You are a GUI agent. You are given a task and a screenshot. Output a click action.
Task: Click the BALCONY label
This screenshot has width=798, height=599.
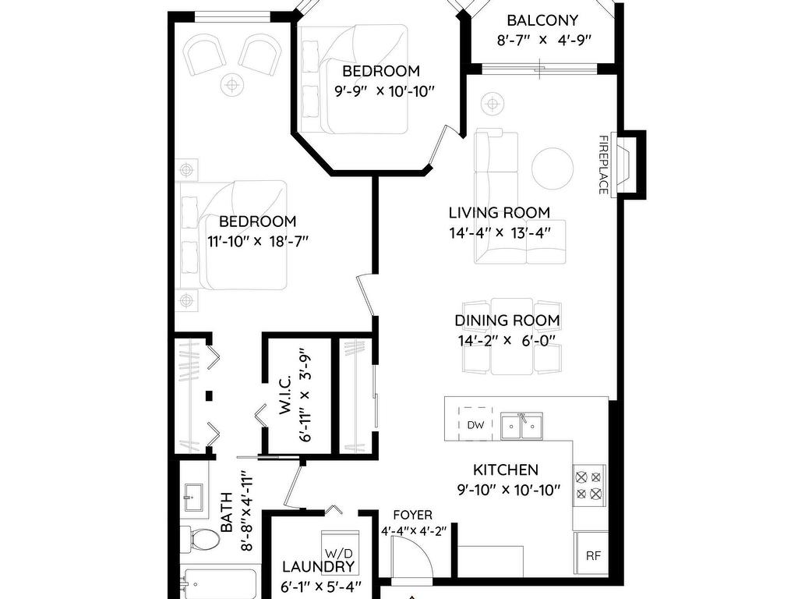click(542, 20)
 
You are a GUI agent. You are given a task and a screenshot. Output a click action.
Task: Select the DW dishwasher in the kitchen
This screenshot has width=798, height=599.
click(475, 424)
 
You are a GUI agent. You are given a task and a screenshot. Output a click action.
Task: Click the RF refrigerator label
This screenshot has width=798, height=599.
click(593, 555)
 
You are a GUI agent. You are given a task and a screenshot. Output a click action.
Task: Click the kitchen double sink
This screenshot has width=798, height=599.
click(521, 426)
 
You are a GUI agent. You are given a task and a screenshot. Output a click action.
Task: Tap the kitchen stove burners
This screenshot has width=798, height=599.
click(589, 485)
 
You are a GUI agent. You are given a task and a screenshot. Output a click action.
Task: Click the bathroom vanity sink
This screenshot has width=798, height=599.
click(193, 498)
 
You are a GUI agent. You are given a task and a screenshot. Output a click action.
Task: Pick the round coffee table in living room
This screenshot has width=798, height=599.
click(553, 168)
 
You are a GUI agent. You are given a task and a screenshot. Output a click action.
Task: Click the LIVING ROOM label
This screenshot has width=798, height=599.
click(500, 212)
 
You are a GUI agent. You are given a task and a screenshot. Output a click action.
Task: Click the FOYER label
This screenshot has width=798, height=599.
click(413, 516)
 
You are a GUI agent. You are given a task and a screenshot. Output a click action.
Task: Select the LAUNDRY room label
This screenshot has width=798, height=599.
click(319, 566)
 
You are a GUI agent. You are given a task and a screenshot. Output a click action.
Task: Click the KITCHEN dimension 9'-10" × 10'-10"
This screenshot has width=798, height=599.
click(509, 490)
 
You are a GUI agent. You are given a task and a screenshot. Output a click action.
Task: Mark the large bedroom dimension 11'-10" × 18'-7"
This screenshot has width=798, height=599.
click(258, 241)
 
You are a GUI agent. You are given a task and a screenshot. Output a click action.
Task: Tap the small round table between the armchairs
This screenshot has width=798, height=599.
click(231, 84)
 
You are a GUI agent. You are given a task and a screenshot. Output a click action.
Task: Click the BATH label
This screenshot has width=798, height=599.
click(227, 512)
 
